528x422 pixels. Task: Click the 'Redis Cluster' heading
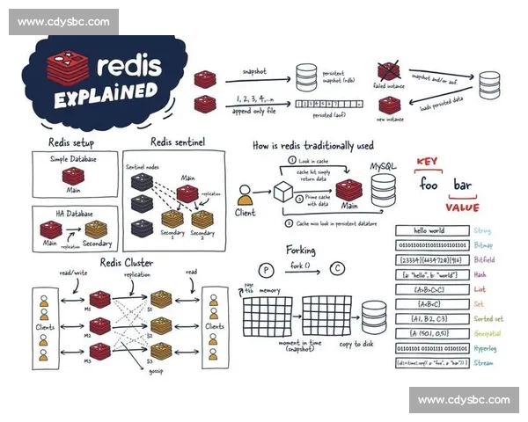(x=125, y=262)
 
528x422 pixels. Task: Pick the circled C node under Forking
(x=337, y=269)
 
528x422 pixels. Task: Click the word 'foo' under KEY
(x=428, y=185)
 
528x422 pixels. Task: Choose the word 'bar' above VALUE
(x=462, y=185)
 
